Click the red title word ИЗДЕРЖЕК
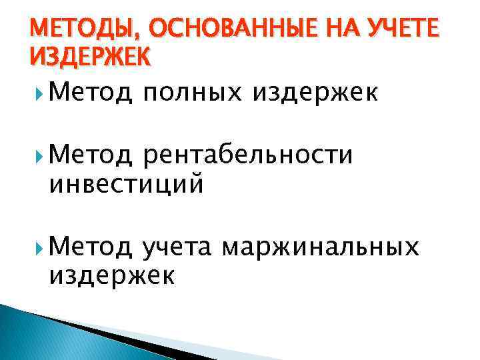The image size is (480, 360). click(x=90, y=57)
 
